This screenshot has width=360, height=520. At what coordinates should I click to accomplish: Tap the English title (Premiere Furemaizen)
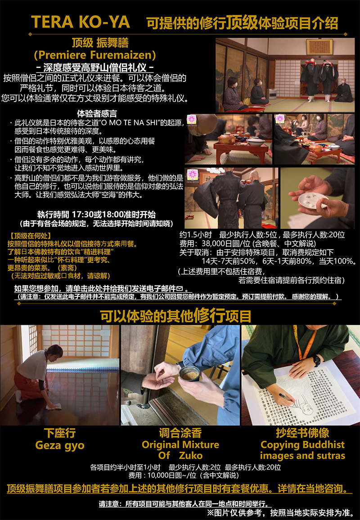[94, 55]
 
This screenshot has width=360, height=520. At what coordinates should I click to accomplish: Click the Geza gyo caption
[60, 445]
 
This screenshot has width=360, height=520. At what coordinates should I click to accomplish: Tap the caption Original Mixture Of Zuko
[180, 450]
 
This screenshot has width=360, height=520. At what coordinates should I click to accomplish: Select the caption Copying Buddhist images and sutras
[303, 450]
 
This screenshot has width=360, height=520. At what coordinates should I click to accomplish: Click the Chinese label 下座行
[60, 433]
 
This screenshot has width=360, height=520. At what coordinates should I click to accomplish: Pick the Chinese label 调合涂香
[180, 433]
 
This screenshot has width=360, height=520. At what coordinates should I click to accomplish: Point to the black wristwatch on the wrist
[317, 360]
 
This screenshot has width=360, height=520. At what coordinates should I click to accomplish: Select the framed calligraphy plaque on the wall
[319, 46]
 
